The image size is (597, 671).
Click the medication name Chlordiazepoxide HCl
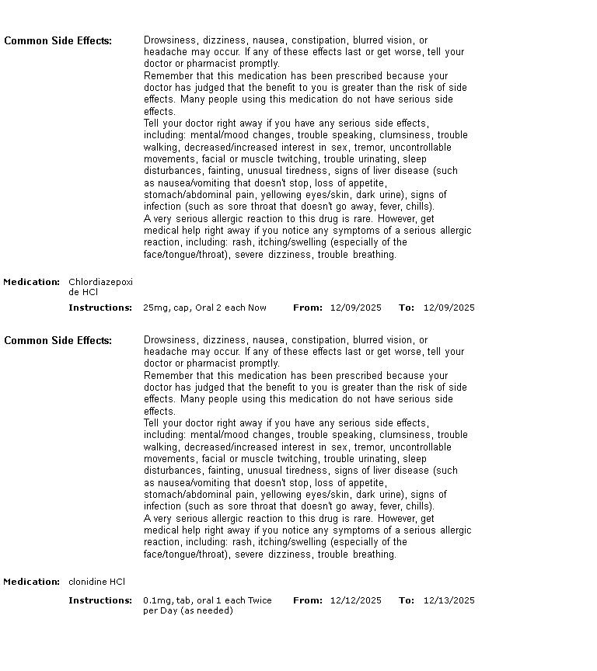coord(100,287)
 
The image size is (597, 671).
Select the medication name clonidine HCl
coord(96,582)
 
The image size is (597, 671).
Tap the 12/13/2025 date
coord(449,600)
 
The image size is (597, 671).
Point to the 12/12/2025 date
coord(355,600)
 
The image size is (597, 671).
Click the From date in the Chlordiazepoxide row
coord(355,308)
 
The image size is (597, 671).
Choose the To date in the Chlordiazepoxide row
coord(449,308)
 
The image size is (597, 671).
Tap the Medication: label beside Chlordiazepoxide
coord(31,282)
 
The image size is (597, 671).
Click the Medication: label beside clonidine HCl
coord(31,582)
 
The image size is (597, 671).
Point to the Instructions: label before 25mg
coord(100,308)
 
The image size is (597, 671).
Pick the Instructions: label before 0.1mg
coord(100,600)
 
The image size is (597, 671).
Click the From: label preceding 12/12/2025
coord(307,600)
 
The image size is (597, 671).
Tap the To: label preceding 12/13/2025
coord(407,600)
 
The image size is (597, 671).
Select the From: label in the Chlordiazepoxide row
coord(307,308)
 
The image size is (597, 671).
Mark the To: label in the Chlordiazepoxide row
coord(407,308)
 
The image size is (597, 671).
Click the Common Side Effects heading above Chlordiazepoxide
coord(58,40)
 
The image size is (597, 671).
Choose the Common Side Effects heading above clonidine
coord(58,340)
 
